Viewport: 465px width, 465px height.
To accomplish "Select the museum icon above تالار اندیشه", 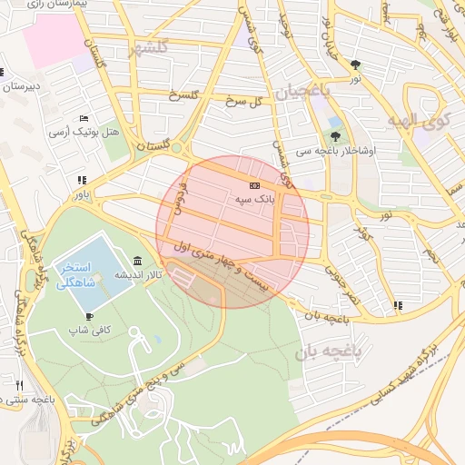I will (x=137, y=261).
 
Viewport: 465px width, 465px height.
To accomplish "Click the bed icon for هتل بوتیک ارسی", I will (x=84, y=118).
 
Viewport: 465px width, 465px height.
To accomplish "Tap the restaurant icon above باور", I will (x=83, y=180).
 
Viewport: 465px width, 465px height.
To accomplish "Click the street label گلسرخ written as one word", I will (x=184, y=95).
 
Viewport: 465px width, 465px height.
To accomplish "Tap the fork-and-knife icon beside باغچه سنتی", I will (x=21, y=385).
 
